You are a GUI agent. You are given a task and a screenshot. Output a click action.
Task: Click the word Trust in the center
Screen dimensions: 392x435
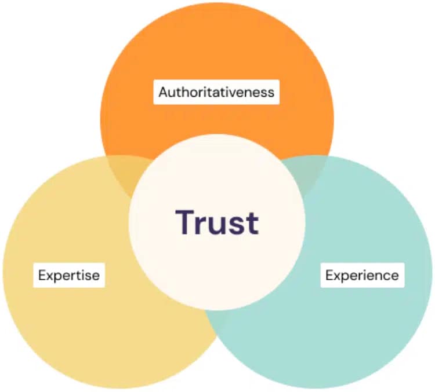coord(217,222)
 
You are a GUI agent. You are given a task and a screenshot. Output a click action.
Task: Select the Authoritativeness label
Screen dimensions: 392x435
coord(216,92)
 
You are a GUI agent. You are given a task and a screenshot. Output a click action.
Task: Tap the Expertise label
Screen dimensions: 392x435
coord(69,275)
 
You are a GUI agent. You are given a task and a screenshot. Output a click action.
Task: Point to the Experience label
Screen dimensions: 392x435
coord(362,275)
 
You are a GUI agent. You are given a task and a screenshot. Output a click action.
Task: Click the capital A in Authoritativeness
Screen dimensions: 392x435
coord(164,92)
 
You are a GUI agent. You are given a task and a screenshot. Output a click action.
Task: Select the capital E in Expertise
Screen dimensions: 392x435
coord(42,275)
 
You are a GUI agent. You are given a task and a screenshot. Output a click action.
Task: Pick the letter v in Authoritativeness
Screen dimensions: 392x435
coord(236,93)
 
